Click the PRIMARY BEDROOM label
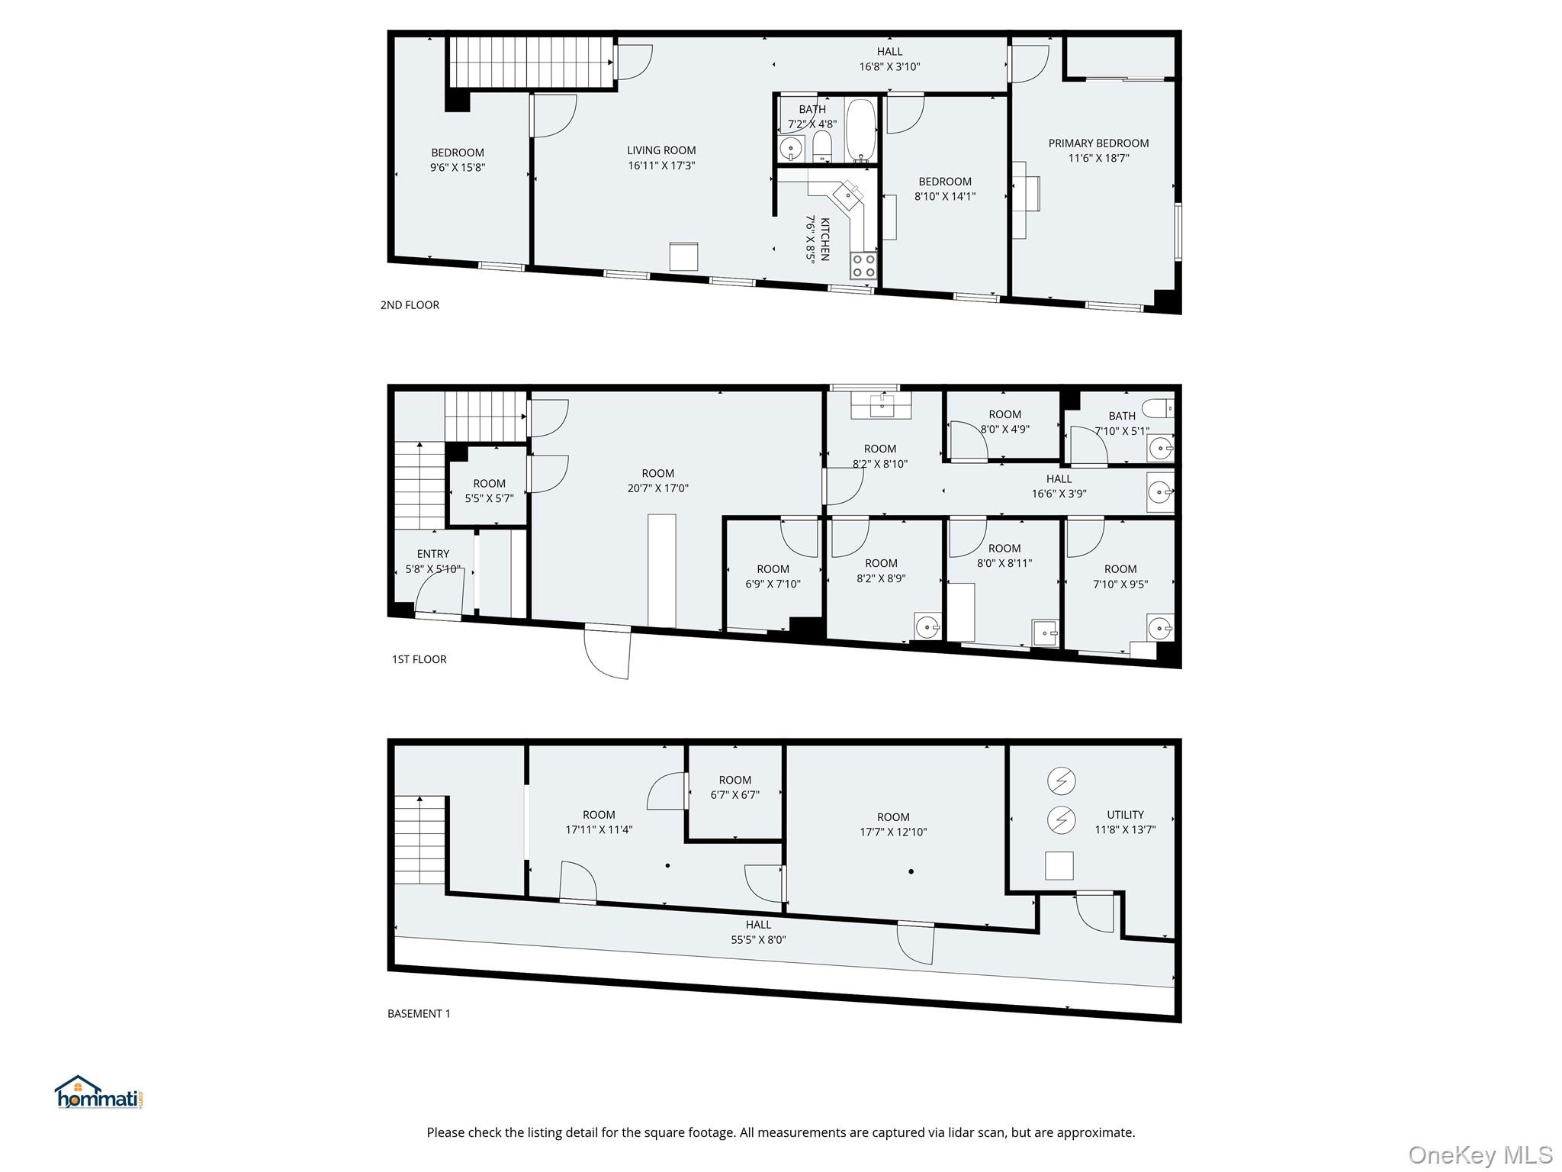tap(1098, 143)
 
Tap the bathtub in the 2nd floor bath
tap(861, 129)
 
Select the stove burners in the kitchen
tap(863, 266)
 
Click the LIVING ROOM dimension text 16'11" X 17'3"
tap(661, 166)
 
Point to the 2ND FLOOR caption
tap(410, 305)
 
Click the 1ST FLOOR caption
tap(419, 659)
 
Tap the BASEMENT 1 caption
tap(419, 1014)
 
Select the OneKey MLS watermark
tap(1480, 1155)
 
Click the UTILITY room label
tap(1125, 815)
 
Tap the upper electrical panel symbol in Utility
tap(1061, 781)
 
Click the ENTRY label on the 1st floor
tap(432, 554)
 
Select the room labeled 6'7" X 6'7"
tap(734, 787)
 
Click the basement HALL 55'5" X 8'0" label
tap(758, 932)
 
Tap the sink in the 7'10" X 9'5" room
tap(1159, 628)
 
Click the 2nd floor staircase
tap(531, 62)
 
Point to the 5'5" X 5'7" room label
tap(489, 491)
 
